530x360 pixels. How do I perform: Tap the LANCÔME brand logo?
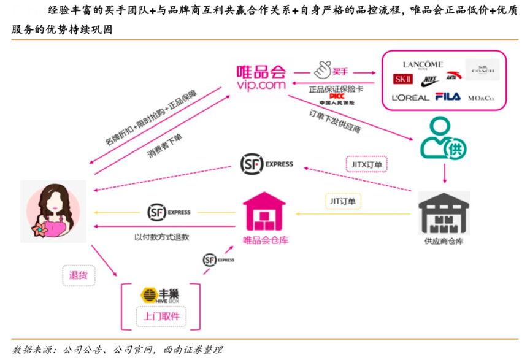(423, 64)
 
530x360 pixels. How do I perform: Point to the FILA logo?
(448, 96)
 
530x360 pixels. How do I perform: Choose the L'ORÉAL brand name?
(410, 98)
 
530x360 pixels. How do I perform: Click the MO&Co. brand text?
(482, 98)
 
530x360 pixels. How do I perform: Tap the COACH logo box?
(482, 70)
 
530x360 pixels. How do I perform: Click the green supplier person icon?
(443, 139)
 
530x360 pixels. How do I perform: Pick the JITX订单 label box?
(364, 164)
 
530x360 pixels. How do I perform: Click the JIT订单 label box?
(343, 201)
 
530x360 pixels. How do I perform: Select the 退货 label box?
(79, 275)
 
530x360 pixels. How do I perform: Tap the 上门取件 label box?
(161, 316)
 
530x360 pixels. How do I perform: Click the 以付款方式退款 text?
(162, 236)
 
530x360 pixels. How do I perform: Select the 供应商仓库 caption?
(444, 240)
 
